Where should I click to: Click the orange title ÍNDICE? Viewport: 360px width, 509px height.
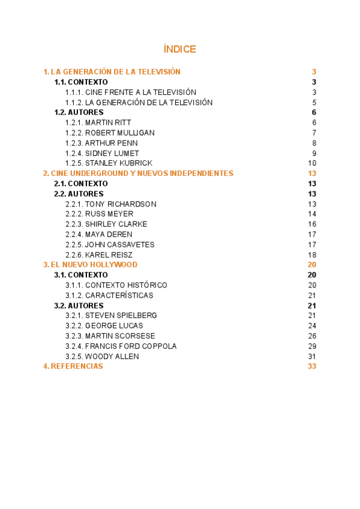(x=179, y=49)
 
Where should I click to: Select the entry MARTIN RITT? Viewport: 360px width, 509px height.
(x=98, y=122)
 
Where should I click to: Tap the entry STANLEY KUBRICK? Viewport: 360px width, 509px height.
(x=109, y=163)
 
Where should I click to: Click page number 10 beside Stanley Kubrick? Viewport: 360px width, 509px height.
(x=312, y=163)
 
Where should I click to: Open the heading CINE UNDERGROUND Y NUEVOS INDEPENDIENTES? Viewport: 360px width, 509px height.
(x=138, y=173)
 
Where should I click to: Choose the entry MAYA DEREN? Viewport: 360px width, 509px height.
(x=98, y=235)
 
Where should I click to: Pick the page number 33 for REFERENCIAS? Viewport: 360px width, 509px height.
(x=311, y=367)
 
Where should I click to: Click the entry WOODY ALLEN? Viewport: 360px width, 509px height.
(x=102, y=357)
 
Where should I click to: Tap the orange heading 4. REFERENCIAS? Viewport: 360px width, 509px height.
(x=73, y=367)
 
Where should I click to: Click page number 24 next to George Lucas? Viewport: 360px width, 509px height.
(x=312, y=326)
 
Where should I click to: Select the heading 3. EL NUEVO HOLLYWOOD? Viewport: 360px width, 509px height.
(x=90, y=265)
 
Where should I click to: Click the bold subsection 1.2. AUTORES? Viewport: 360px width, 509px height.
(x=79, y=112)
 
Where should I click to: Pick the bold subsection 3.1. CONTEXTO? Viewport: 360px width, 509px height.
(x=81, y=275)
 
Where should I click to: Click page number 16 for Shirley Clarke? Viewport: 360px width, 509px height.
(x=312, y=224)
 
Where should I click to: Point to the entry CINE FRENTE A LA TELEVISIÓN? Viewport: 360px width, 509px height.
(x=131, y=92)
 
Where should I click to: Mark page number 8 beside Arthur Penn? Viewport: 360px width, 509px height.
(x=314, y=143)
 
